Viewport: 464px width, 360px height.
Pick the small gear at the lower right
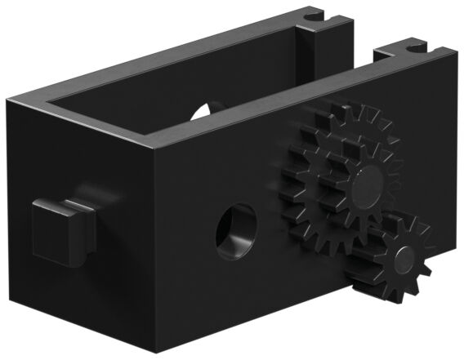pos(390,260)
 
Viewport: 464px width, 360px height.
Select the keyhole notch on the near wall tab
pos(407,51)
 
